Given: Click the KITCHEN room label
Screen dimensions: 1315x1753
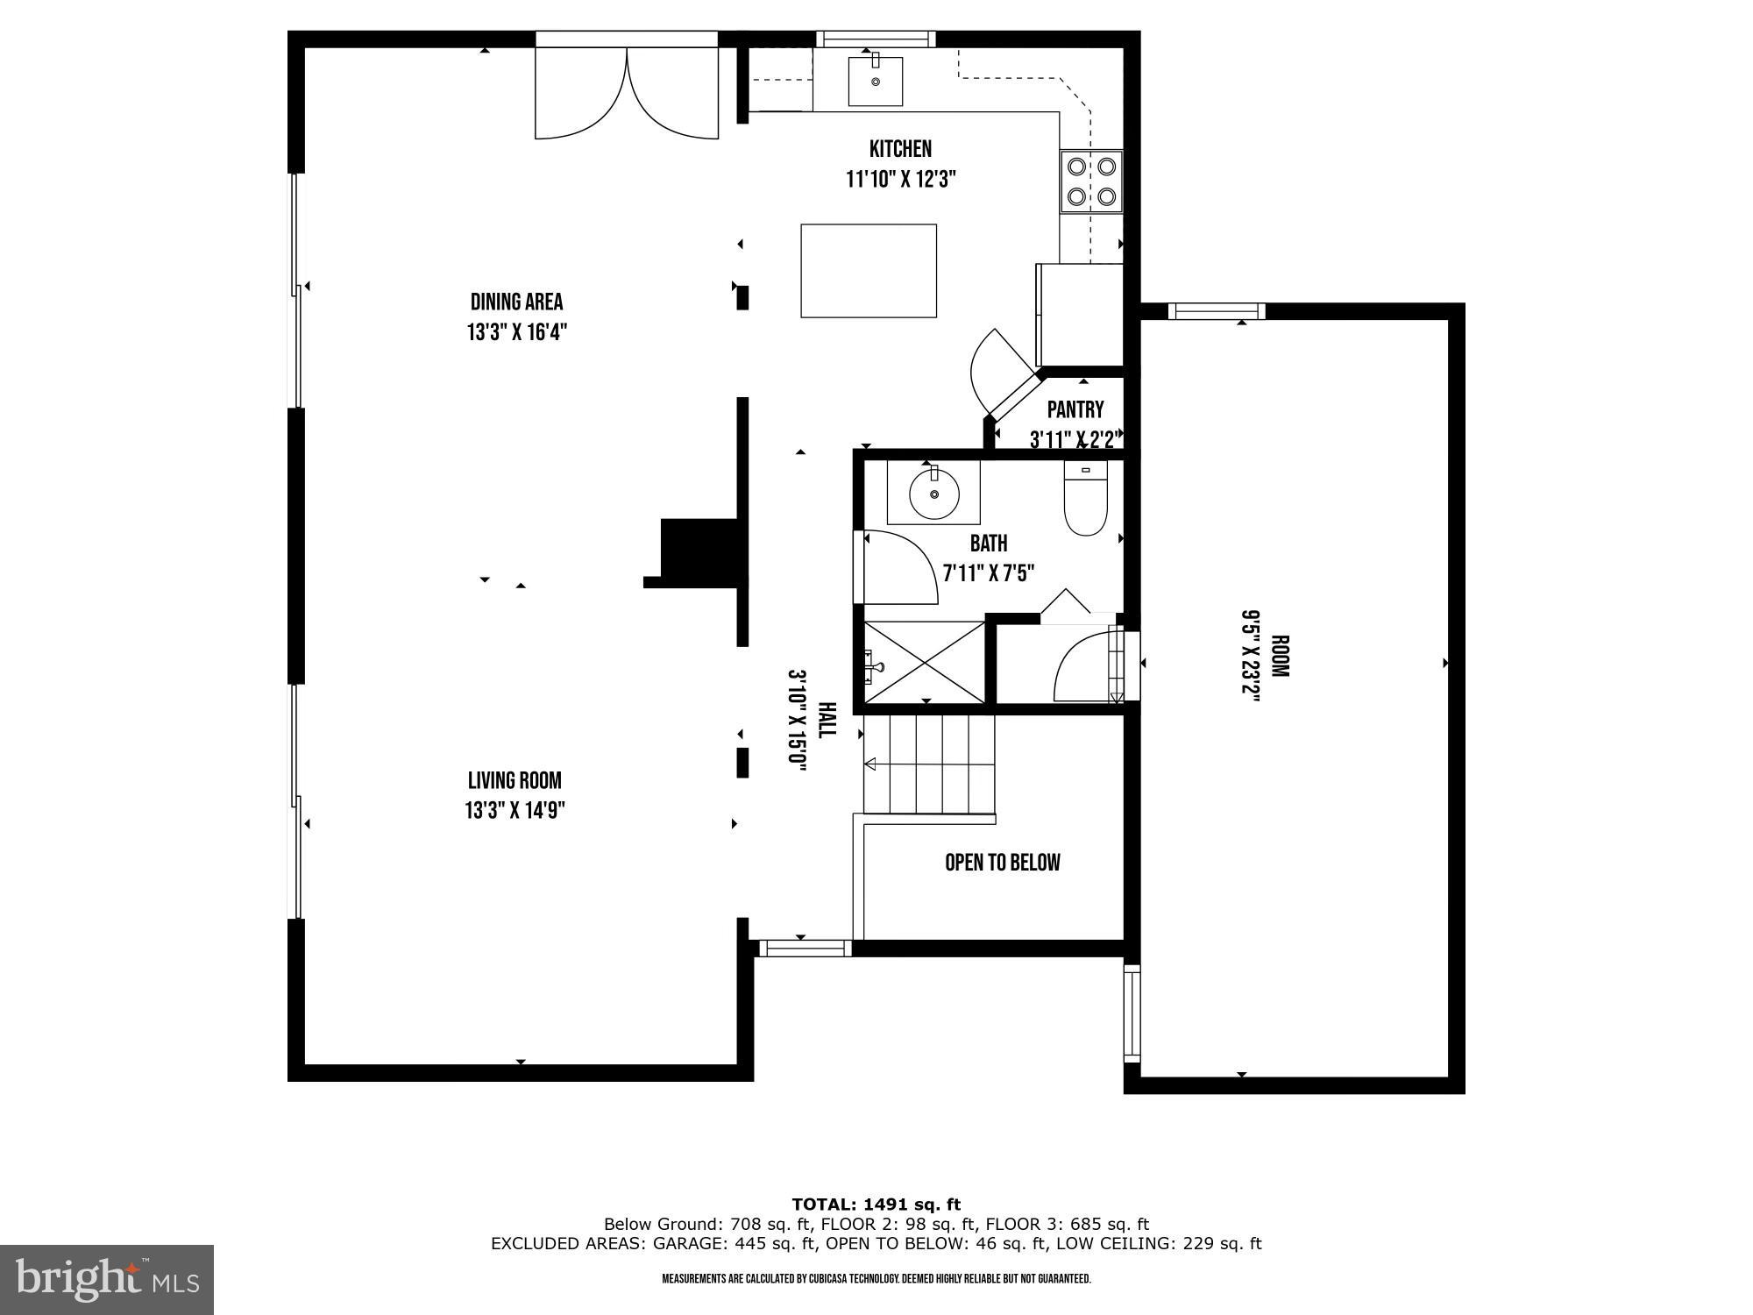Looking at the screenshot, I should pos(900,149).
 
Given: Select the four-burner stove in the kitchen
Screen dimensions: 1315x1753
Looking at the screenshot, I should pos(1091,181).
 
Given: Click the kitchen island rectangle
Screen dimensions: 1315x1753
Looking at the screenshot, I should pos(869,271).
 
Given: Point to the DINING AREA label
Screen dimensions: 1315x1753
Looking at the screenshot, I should pos(516,302).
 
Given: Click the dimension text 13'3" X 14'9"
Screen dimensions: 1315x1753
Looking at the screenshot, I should pos(515,810).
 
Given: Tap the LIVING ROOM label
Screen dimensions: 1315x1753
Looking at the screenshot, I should pos(515,780).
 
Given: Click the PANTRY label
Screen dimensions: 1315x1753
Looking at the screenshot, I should pos(1075,409).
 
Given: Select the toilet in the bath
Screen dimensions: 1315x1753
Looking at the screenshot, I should pos(1086,500).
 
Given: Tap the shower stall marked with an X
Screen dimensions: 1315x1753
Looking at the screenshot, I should pos(925,662).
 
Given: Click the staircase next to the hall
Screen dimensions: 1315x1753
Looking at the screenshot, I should pos(929,764).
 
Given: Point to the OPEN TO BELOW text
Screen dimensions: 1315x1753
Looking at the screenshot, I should pos(1002,863).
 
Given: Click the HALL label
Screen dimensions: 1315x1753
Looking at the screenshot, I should pos(827,720).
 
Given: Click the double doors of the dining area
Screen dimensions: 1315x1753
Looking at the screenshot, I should pos(627,93).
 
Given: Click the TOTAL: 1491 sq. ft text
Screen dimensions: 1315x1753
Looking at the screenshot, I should pos(876,1204).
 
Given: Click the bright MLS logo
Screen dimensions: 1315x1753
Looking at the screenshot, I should pos(107,1280).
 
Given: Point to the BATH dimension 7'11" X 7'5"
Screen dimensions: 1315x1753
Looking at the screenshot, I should pos(988,573).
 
